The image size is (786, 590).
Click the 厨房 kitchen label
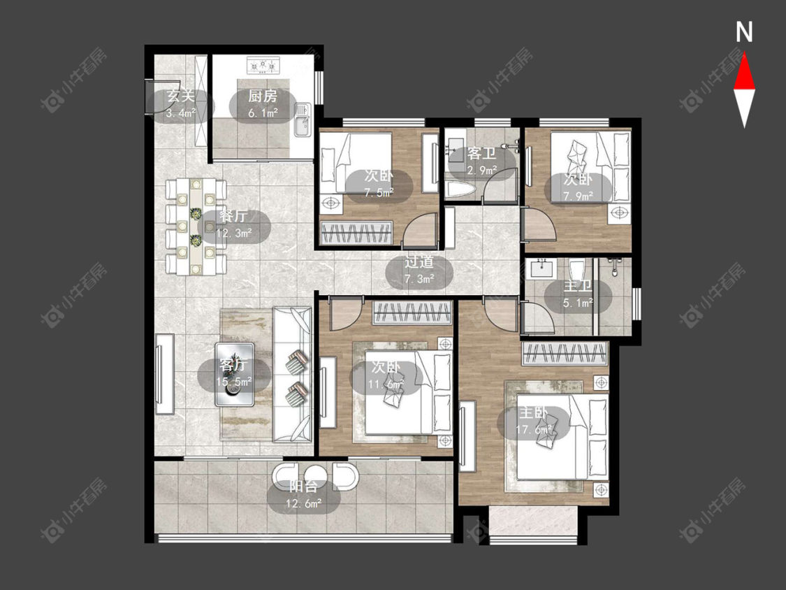point(263,96)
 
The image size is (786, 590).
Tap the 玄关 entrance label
point(180,95)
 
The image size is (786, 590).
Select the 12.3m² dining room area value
point(234,233)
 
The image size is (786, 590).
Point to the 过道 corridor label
point(419,262)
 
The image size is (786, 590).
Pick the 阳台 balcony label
point(304,486)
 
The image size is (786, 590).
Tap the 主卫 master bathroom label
point(578,286)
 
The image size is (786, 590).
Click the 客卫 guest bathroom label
point(481,153)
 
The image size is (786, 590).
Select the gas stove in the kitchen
point(263,66)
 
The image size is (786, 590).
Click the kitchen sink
point(302,120)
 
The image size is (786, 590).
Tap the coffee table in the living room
point(235,374)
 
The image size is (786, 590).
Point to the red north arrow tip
point(744,53)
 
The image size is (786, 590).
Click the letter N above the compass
point(744,32)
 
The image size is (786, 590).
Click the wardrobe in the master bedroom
point(565,354)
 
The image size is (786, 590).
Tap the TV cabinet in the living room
point(164,373)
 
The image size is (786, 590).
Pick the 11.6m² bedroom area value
point(386,384)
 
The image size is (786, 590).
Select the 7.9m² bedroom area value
point(578,196)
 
